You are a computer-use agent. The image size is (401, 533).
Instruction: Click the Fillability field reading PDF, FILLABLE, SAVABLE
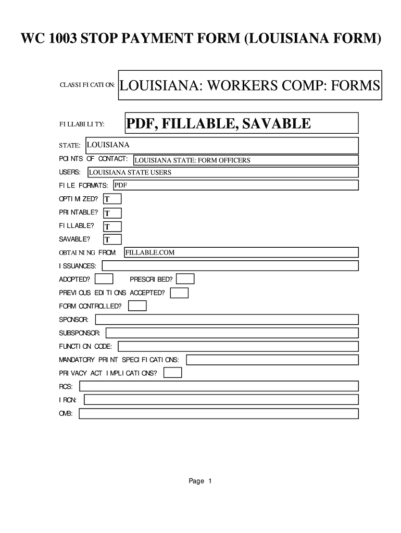point(242,124)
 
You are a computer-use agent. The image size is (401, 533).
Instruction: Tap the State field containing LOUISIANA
point(221,145)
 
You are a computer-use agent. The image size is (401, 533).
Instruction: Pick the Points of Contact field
point(245,160)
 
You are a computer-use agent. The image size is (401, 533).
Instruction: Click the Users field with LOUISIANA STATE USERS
point(222,172)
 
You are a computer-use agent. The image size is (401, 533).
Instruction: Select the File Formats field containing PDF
point(235,185)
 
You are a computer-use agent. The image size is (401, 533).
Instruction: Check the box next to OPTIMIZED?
point(112,199)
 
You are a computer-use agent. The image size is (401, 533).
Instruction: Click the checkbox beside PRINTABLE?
point(112,213)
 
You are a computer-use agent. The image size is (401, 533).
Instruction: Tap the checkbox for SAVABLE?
point(112,239)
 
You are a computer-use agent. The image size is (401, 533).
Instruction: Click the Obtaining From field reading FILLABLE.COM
point(241,252)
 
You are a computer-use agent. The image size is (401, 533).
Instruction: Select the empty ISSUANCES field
point(230,266)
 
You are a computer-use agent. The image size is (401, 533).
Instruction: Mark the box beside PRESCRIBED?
point(185,280)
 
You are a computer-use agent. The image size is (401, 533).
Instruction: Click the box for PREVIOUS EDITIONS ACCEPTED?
point(179,293)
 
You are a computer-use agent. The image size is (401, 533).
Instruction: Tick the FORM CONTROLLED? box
point(137,306)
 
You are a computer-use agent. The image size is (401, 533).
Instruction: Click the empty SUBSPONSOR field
point(232,333)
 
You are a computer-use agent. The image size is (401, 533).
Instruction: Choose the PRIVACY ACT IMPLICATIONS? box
point(173,373)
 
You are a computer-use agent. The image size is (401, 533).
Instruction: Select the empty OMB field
point(219,413)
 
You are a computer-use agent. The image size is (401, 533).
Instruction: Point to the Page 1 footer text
point(200,481)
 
